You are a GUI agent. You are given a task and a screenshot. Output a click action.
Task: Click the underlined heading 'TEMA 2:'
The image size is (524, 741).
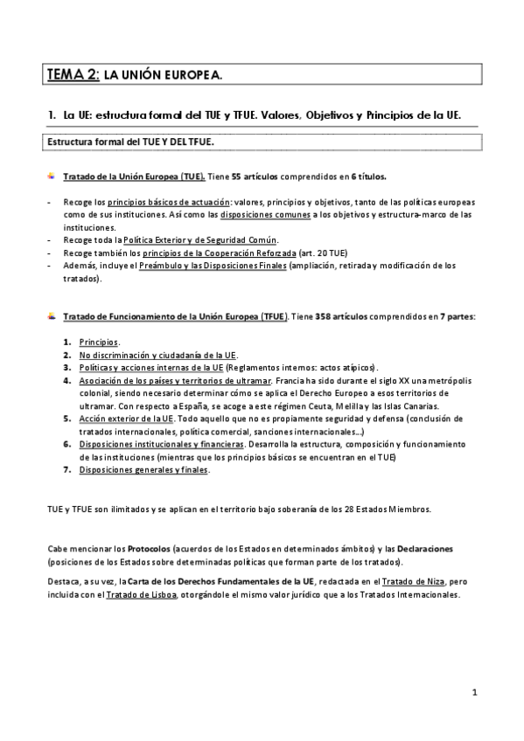tap(73, 77)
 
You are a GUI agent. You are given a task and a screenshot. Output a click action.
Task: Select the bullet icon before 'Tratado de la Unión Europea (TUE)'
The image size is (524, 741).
tap(52, 176)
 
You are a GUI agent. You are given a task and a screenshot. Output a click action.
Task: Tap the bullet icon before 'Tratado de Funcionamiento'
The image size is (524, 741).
tap(52, 315)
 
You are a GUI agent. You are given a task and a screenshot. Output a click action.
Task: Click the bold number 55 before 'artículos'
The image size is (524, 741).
tap(237, 177)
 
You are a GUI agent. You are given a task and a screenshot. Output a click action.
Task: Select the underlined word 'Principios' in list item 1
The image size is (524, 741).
tap(99, 343)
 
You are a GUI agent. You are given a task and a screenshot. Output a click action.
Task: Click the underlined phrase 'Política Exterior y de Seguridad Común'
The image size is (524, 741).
tap(200, 240)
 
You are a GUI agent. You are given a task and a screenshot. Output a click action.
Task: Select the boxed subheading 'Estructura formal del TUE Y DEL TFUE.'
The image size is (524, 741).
tap(131, 141)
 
